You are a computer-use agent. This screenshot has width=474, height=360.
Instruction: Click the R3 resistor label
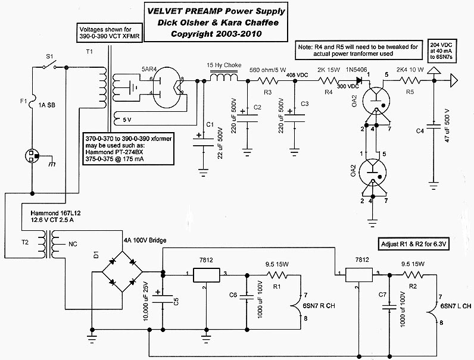click(x=269, y=92)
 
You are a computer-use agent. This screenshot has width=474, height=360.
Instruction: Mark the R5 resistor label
click(x=410, y=92)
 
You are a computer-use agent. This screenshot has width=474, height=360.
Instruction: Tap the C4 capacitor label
click(x=420, y=130)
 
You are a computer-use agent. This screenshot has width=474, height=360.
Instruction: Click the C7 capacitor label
click(x=382, y=293)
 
